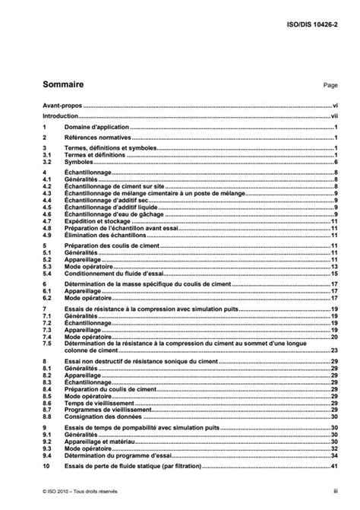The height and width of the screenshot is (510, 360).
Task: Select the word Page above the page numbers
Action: click(330, 85)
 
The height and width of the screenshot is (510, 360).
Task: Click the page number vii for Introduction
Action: click(333, 117)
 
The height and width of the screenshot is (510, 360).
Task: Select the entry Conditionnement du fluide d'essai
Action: click(111, 274)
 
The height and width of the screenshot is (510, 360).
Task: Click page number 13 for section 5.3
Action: click(333, 268)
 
